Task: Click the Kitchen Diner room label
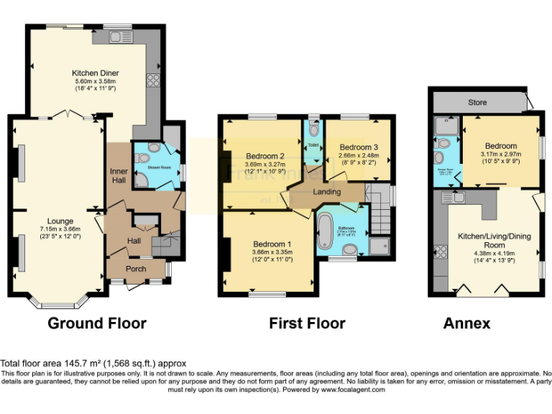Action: pyautogui.click(x=95, y=73)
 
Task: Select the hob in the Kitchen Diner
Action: pyautogui.click(x=153, y=80)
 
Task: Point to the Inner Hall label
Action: pyautogui.click(x=119, y=176)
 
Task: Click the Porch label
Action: pyautogui.click(x=136, y=269)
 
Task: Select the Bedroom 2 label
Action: pyautogui.click(x=265, y=156)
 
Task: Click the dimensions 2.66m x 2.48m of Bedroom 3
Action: pyautogui.click(x=358, y=155)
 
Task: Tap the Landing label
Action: pyautogui.click(x=326, y=191)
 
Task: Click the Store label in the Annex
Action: pyautogui.click(x=477, y=103)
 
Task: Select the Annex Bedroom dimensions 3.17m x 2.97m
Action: pyautogui.click(x=500, y=155)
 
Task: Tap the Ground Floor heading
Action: pyautogui.click(x=97, y=323)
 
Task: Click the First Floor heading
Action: pyautogui.click(x=307, y=323)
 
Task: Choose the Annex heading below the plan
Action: pyautogui.click(x=467, y=323)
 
